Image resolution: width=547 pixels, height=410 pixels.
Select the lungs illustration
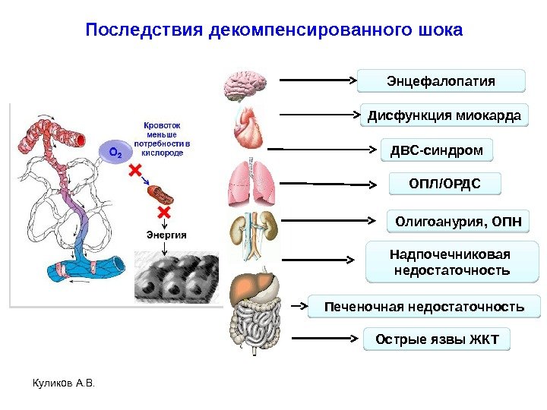point(250,183)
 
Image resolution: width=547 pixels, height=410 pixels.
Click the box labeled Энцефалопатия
point(441,80)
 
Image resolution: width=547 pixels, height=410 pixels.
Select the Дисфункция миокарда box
point(444,115)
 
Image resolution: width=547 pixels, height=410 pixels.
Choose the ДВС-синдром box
point(436,150)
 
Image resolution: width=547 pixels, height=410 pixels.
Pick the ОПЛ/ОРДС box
point(435,184)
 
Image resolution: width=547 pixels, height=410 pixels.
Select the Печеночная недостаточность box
point(424,307)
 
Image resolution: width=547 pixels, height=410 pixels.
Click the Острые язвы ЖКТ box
point(437,339)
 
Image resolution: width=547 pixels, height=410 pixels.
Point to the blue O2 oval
point(115,153)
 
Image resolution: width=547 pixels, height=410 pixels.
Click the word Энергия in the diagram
point(166,235)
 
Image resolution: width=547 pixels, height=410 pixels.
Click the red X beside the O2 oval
point(137,172)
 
